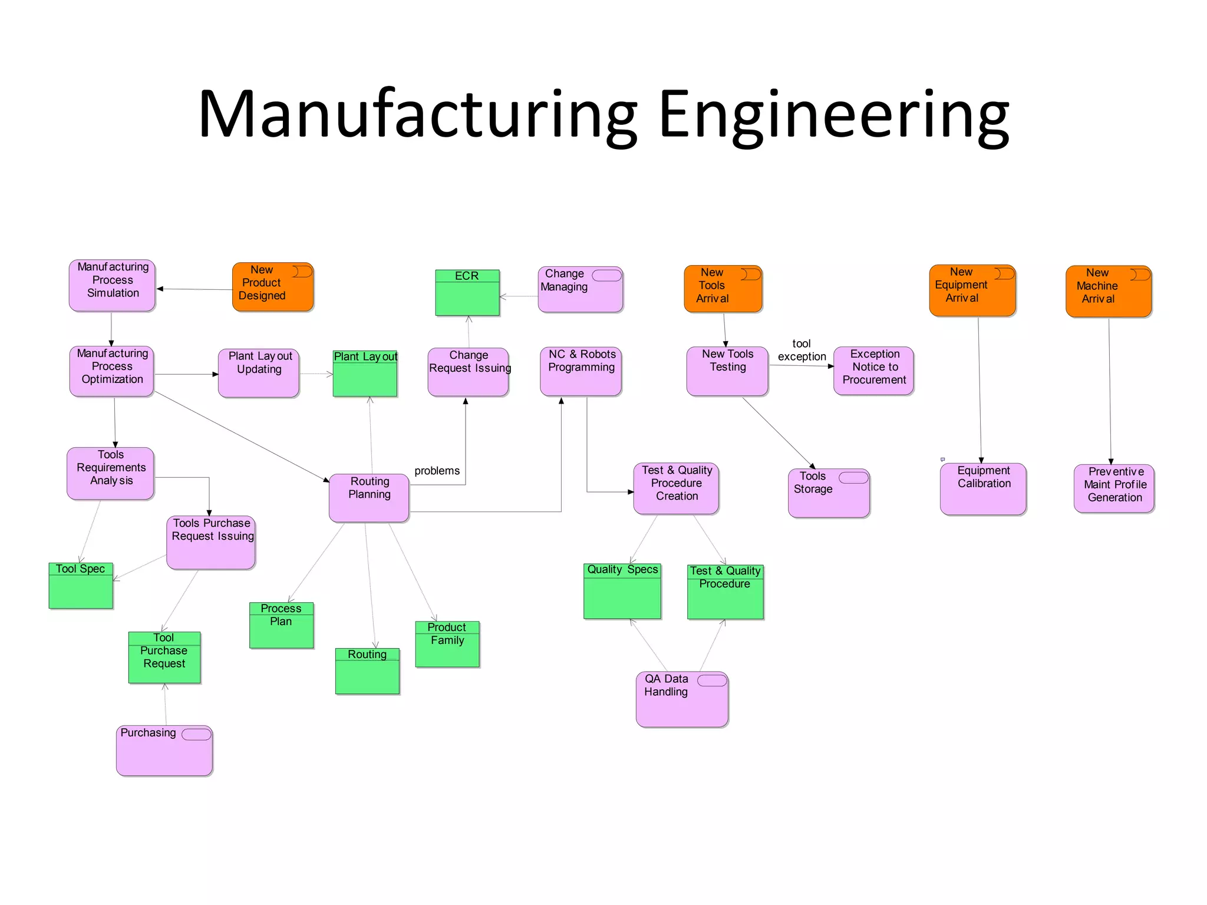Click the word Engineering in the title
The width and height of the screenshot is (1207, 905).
pyautogui.click(x=833, y=115)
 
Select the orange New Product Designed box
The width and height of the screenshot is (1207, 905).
pyautogui.click(x=272, y=288)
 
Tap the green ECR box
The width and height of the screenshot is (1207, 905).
pyautogui.click(x=467, y=293)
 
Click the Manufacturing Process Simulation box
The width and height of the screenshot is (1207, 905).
pyautogui.click(x=112, y=286)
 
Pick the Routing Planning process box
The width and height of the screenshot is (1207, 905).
pyautogui.click(x=369, y=498)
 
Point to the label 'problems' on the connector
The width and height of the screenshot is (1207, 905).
pyautogui.click(x=437, y=471)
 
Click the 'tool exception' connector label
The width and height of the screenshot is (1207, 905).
pyautogui.click(x=802, y=350)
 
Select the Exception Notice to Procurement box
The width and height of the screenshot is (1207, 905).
pyautogui.click(x=873, y=371)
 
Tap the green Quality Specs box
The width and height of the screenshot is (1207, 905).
pyautogui.click(x=622, y=591)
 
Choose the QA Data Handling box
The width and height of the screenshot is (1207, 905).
pyautogui.click(x=682, y=699)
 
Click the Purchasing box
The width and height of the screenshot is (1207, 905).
pyautogui.click(x=164, y=751)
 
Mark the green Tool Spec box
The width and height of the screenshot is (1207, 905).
pyautogui.click(x=81, y=586)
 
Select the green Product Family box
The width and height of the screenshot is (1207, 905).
pyautogui.click(x=447, y=644)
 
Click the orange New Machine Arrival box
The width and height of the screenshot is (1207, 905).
pyautogui.click(x=1108, y=291)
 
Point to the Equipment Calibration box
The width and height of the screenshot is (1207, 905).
pyautogui.click(x=983, y=489)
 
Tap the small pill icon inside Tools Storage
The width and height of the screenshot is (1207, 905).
pyautogui.click(x=853, y=477)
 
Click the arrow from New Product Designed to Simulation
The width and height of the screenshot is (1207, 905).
pyautogui.click(x=194, y=289)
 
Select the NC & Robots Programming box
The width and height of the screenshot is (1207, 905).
pyautogui.click(x=581, y=371)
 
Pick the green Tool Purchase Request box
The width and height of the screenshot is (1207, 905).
pyautogui.click(x=164, y=658)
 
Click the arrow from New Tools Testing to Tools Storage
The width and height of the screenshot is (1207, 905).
pyautogui.click(x=778, y=432)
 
